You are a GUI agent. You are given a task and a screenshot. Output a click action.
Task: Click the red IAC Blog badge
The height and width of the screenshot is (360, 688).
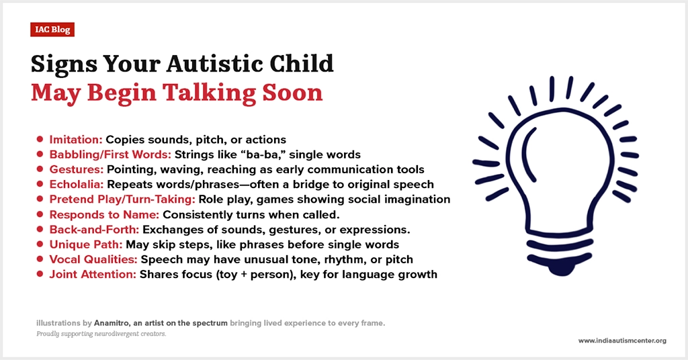coord(52,30)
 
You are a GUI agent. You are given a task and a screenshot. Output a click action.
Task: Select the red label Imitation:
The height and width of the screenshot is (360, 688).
coord(75,140)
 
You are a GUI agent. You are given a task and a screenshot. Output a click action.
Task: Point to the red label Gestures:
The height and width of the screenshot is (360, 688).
coord(77,169)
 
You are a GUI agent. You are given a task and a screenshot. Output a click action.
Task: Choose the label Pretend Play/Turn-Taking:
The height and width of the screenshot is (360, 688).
coord(122,199)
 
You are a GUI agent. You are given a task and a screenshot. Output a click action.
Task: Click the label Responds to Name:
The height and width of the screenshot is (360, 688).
coord(104,215)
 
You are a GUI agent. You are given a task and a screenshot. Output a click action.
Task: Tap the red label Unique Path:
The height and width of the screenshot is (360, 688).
coord(85,244)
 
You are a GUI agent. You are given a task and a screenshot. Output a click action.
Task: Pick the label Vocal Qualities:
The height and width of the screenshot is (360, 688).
coord(93,259)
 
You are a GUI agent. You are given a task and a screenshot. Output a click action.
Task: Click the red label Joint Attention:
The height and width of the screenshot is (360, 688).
coord(93,274)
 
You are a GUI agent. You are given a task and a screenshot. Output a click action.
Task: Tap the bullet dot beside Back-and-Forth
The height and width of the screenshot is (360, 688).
coord(40,229)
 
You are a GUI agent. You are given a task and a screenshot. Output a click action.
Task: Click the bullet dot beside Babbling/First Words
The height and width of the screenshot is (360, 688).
coord(40,154)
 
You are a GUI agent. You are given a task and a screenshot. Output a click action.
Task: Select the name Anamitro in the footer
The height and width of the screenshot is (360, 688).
coord(112,323)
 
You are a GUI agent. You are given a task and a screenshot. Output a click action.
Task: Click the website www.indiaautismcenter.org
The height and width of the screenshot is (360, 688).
coord(622,341)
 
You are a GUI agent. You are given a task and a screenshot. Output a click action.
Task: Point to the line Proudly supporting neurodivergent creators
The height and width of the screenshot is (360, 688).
coord(101,334)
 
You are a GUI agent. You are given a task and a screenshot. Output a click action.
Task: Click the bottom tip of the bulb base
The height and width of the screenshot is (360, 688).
coord(560,274)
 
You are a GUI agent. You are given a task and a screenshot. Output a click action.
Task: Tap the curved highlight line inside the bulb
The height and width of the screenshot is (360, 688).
coord(528,154)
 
